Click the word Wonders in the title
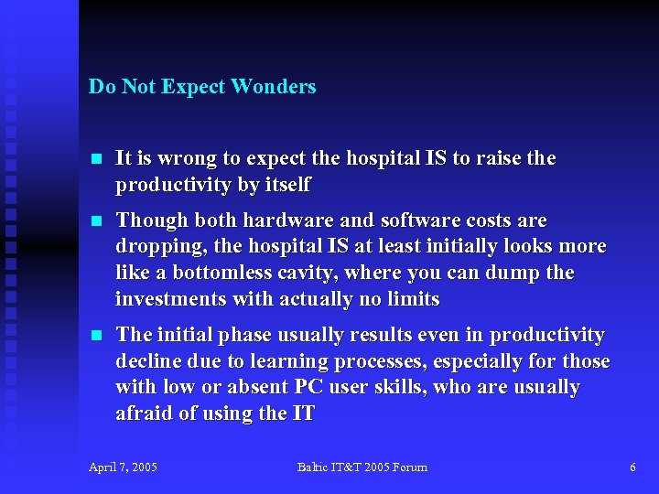pos(274,87)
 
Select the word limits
pos(414,299)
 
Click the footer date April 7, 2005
pos(123,467)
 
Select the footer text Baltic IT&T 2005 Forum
pos(362,467)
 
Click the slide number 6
pos(632,467)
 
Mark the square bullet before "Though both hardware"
pos(94,221)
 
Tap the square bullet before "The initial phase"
pos(94,336)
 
